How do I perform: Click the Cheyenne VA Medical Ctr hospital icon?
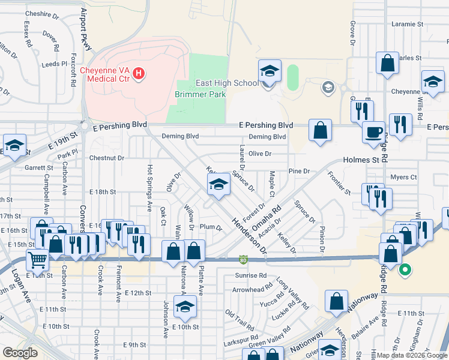[139, 74]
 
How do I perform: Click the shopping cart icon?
[37, 260]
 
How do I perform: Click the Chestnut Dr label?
[106, 158]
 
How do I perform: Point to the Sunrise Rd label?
[251, 275]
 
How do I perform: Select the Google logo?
[20, 353]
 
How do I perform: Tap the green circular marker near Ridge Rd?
[405, 269]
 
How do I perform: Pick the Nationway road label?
[363, 302]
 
